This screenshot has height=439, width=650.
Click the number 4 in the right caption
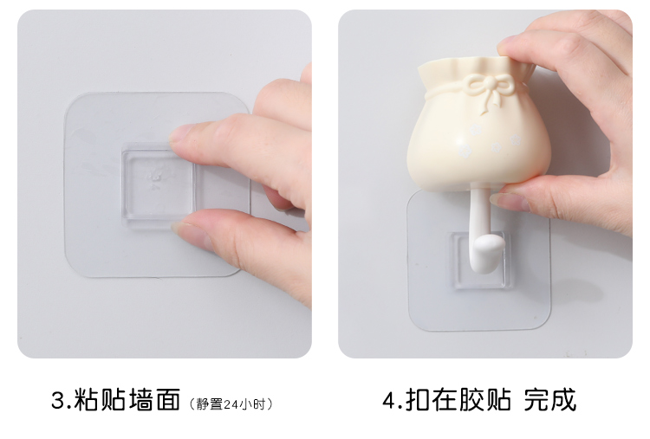(x=389, y=400)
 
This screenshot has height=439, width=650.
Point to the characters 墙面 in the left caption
(x=154, y=400)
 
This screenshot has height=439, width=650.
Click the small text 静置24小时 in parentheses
(x=231, y=404)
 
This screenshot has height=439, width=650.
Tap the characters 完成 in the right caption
(x=550, y=400)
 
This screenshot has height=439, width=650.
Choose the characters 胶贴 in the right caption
(x=484, y=400)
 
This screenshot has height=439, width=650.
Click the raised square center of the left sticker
(x=158, y=184)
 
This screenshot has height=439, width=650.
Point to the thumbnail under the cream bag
(x=506, y=201)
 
